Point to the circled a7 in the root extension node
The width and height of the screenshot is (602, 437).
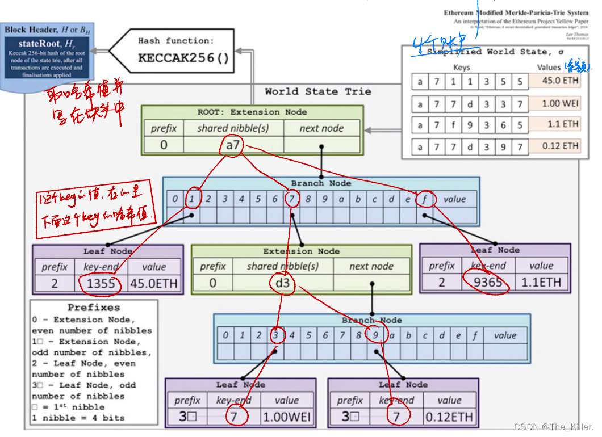tap(233, 145)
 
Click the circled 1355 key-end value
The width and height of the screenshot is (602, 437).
tap(101, 283)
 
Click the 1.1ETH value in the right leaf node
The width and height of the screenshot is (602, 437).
tap(541, 283)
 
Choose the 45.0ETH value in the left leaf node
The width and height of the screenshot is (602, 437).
tap(154, 283)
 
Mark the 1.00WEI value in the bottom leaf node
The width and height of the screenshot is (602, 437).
tap(287, 417)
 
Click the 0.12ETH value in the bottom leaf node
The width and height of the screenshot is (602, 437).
tap(449, 417)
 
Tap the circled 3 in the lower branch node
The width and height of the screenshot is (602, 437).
tap(276, 335)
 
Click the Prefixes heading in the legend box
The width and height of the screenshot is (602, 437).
tap(94, 308)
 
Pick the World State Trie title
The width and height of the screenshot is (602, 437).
tap(317, 91)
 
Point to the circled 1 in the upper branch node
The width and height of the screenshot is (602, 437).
tap(193, 199)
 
